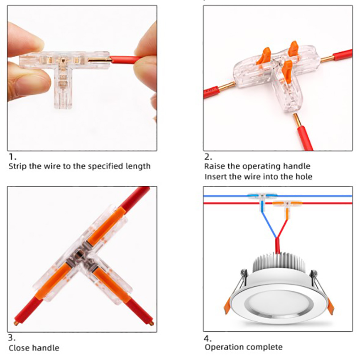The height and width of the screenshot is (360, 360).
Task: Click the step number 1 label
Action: [13, 157]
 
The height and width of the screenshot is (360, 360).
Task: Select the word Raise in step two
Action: [215, 166]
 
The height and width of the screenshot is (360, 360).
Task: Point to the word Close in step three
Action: [19, 348]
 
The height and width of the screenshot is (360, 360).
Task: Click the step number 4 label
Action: [207, 338]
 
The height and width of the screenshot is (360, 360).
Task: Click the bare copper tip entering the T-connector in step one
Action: [99, 60]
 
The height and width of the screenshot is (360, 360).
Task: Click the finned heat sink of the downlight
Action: [279, 262]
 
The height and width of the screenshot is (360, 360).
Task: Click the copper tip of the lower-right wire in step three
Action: [151, 323]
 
